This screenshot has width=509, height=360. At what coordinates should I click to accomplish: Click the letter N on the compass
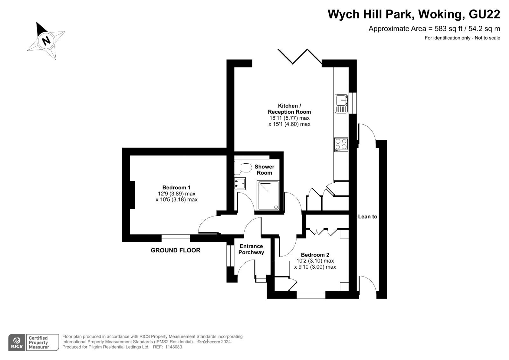(46, 41)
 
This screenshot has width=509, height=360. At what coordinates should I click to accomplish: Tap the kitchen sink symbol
(341, 104)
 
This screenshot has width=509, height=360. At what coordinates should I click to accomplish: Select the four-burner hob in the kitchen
(341, 145)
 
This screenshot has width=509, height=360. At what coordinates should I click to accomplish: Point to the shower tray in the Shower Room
(268, 195)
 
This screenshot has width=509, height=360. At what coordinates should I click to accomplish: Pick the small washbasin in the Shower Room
(240, 184)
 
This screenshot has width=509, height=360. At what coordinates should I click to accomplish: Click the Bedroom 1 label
(176, 187)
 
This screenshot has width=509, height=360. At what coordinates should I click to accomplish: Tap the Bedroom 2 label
(315, 255)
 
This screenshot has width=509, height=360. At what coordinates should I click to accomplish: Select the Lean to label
(367, 216)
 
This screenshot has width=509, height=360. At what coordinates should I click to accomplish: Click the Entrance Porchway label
(251, 249)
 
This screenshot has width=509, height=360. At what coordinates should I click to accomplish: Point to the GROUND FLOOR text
(175, 250)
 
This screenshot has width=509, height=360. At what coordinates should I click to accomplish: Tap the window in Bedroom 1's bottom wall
(176, 238)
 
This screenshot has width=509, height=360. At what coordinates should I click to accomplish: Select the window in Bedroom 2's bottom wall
(311, 295)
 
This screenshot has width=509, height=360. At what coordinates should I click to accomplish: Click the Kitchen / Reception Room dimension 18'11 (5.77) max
(289, 118)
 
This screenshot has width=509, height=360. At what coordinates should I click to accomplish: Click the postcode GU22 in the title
(485, 14)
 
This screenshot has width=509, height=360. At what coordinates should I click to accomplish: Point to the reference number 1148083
(174, 347)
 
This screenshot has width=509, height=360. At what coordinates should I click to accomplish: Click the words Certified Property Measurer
(39, 342)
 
